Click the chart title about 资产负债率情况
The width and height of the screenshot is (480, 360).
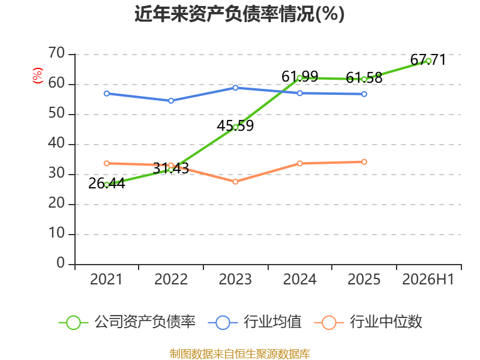point(239,14)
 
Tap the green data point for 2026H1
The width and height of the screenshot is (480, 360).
point(428,61)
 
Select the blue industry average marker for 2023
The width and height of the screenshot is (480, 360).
point(235,88)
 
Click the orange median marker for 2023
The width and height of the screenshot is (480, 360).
point(235,182)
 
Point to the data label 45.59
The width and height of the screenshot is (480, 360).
point(235,126)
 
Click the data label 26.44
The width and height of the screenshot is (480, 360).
point(107,184)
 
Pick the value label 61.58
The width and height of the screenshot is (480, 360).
point(364,78)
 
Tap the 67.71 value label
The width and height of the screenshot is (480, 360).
point(428,59)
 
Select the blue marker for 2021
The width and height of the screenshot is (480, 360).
point(107,94)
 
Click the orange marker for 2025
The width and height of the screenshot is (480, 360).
point(364,162)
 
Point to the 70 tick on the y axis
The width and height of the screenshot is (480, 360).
point(56,53)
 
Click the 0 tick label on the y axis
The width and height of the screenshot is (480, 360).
point(61,263)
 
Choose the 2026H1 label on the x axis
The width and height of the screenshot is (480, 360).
point(428,279)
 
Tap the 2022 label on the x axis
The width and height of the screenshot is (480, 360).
point(171,279)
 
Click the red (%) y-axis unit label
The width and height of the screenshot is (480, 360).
point(38,76)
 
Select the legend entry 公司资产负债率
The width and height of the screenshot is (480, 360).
point(127,322)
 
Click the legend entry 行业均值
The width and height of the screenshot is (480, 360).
point(254,322)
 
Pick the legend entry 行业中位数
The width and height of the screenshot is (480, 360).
point(368,322)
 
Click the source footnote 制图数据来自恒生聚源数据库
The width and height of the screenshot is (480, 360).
point(240,354)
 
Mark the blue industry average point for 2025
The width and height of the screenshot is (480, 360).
point(364,94)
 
